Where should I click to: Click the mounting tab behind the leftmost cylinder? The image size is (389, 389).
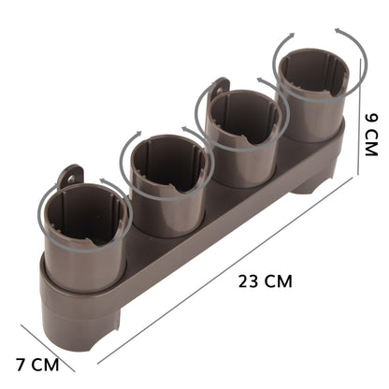tap(68, 175)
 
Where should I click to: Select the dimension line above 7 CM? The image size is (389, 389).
tap(58, 345)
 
